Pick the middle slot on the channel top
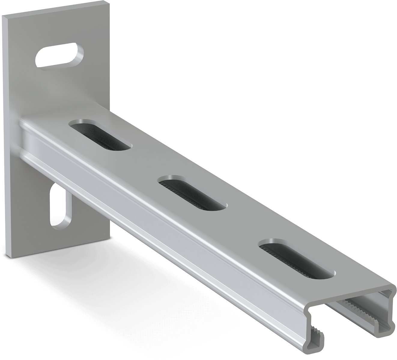(x=192, y=192)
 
